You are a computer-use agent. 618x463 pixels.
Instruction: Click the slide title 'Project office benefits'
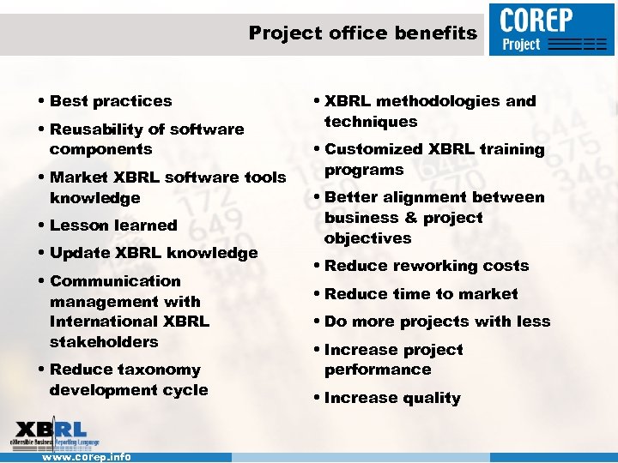tap(362, 33)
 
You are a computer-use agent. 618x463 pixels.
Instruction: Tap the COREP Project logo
tap(553, 29)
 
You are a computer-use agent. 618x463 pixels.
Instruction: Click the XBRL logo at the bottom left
tap(53, 433)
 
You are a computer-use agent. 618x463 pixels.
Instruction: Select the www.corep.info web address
tap(87, 457)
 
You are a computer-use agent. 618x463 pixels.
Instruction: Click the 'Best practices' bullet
tap(111, 101)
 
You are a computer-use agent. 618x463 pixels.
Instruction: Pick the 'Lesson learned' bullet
tap(113, 225)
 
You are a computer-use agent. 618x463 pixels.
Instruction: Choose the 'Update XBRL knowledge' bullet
tap(154, 253)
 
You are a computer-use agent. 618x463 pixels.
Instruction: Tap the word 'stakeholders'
tap(104, 342)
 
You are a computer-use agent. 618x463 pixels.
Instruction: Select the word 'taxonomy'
tap(159, 370)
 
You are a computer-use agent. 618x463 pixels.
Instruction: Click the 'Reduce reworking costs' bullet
tap(427, 266)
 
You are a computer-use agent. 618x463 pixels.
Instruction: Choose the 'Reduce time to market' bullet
tap(421, 294)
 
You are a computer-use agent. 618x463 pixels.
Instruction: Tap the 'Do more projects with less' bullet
tap(437, 322)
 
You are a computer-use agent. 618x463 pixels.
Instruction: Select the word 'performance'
tap(378, 370)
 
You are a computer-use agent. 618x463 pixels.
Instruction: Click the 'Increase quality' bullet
tap(392, 398)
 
